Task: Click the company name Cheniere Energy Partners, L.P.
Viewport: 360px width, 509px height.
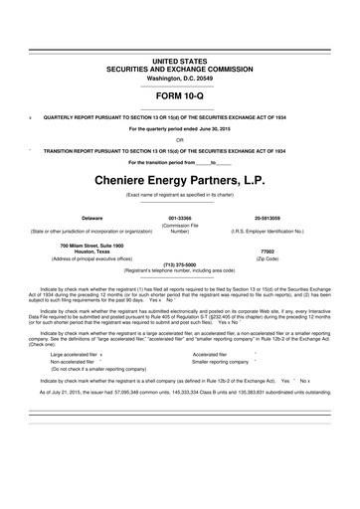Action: pyautogui.click(x=179, y=183)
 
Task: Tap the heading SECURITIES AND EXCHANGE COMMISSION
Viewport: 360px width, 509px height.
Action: pyautogui.click(x=179, y=69)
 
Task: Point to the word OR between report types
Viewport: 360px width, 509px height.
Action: pyautogui.click(x=179, y=140)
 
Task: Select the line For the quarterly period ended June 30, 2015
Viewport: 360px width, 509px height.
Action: pyautogui.click(x=179, y=129)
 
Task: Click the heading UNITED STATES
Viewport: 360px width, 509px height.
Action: pyautogui.click(x=179, y=61)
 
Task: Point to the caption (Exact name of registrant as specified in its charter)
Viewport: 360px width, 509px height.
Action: pyautogui.click(x=179, y=197)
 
